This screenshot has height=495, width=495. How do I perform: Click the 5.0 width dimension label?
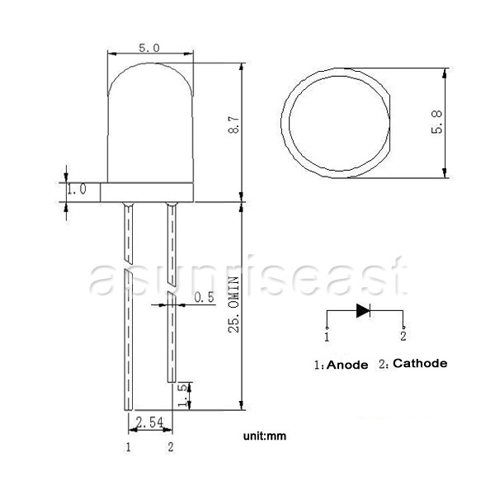click(149, 48)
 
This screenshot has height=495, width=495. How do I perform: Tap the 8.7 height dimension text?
click(234, 125)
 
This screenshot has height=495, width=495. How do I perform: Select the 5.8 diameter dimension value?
click(437, 122)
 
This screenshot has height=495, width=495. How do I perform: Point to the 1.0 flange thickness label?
click(77, 189)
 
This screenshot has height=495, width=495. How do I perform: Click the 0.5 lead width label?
click(205, 297)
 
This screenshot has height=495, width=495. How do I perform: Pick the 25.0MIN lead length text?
click(234, 304)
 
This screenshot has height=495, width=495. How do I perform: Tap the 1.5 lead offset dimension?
click(183, 395)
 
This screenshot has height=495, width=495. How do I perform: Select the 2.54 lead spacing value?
click(150, 422)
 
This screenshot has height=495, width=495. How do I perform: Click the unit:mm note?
click(265, 436)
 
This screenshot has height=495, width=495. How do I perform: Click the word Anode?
click(347, 365)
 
